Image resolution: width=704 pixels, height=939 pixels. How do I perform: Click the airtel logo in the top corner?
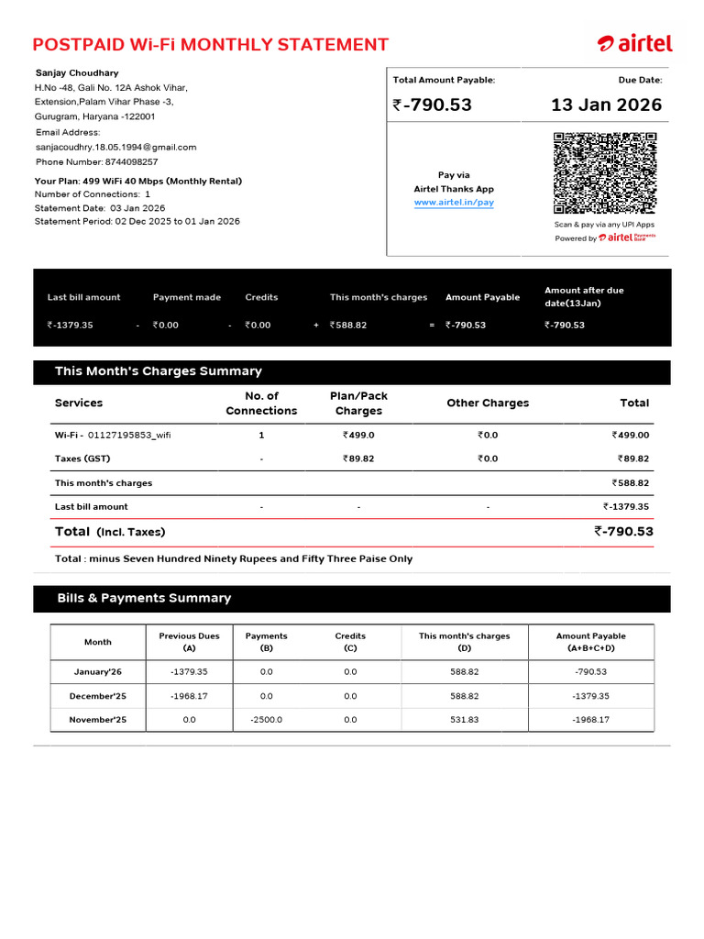[634, 43]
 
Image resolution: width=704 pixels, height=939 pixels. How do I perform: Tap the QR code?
[605, 172]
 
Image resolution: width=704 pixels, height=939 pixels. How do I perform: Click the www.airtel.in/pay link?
[454, 202]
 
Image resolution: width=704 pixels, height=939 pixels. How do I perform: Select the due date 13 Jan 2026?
[606, 105]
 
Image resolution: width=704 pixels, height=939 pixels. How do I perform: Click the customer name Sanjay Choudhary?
[77, 72]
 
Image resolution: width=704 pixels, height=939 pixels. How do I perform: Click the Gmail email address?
[115, 147]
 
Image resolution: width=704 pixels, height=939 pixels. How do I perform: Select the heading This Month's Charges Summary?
[158, 371]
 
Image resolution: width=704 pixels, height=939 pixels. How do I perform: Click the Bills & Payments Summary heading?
[144, 598]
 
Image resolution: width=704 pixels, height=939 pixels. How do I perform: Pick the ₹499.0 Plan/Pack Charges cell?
[358, 436]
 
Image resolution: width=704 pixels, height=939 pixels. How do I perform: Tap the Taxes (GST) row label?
[82, 458]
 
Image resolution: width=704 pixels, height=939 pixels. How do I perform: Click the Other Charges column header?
[488, 403]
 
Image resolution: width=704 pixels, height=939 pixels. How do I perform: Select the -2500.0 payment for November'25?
[266, 720]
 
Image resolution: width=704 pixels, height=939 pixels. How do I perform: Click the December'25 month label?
[98, 696]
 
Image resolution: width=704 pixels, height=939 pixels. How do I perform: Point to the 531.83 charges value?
[464, 720]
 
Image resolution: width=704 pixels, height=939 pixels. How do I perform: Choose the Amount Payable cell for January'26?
[590, 672]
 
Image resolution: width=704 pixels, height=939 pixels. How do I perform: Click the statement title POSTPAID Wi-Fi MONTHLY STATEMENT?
[211, 45]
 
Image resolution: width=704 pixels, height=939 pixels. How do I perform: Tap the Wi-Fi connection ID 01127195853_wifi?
[129, 436]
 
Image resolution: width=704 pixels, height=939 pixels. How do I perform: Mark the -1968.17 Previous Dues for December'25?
[189, 696]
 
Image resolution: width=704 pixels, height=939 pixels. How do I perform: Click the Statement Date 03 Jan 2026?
[137, 208]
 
